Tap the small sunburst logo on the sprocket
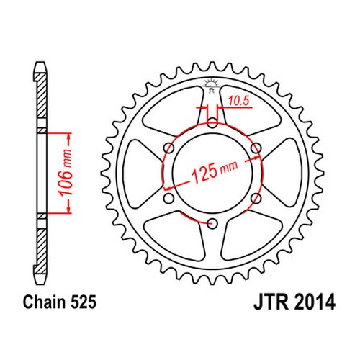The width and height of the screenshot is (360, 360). tap(212, 85)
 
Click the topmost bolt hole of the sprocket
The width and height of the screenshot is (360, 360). tap(212, 123)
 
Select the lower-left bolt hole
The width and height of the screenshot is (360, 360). tap(168, 197)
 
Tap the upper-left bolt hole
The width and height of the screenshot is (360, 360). tap(168, 148)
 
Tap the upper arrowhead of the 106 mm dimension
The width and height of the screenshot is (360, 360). tap(69, 135)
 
